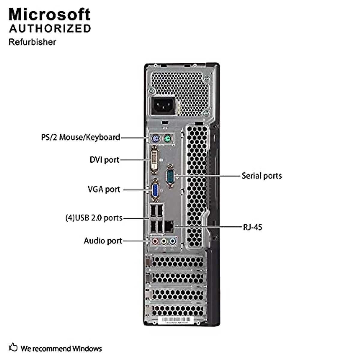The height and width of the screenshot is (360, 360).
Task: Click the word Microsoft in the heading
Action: point(49,14)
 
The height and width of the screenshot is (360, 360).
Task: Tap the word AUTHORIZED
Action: point(50,28)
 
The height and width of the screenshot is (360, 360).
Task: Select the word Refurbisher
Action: point(32,42)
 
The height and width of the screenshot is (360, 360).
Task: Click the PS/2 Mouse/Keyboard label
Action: point(80,137)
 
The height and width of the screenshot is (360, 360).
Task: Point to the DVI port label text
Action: point(104,160)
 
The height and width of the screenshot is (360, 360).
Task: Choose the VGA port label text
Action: point(104,189)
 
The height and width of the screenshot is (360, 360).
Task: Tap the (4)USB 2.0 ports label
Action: point(94,217)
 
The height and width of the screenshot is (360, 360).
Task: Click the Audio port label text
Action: point(103,241)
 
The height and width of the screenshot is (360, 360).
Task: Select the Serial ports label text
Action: point(262,176)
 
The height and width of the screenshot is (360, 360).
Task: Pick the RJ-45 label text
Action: point(252,227)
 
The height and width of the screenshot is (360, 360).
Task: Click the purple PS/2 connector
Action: point(155,139)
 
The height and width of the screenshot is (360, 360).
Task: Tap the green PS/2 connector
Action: point(167,139)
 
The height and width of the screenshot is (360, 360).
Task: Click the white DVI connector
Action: point(154,160)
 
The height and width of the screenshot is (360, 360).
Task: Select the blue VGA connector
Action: point(155,190)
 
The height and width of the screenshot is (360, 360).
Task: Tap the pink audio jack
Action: point(155,241)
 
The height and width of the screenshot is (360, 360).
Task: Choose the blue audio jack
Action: point(172,241)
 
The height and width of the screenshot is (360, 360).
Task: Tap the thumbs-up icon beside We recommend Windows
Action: point(13,347)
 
